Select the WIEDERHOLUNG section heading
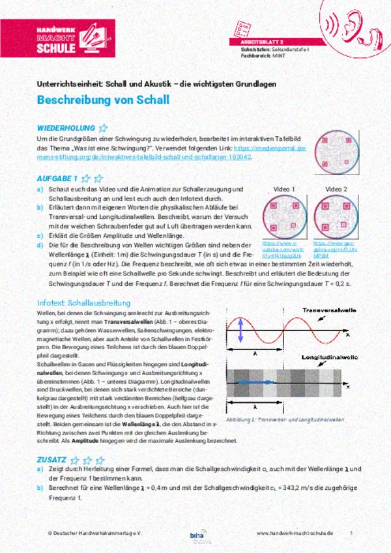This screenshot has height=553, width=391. [x=65, y=128]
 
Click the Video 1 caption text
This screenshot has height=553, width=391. [x=284, y=190]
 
